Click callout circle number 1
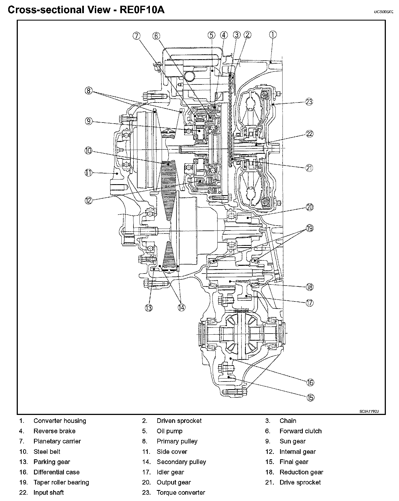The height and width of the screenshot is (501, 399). (273, 35)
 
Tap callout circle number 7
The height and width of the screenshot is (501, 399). (136, 36)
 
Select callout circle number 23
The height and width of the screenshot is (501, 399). (309, 102)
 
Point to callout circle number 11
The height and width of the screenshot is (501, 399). (88, 173)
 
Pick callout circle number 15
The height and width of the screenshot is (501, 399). (310, 397)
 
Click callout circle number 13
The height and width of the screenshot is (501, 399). (149, 308)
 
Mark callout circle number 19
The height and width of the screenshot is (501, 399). (310, 228)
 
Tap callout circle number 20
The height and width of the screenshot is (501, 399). (309, 207)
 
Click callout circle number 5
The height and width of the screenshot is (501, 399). (211, 35)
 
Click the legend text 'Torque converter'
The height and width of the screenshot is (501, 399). (181, 493)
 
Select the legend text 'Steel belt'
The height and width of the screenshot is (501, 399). (47, 451)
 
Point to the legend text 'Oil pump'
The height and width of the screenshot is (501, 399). (170, 431)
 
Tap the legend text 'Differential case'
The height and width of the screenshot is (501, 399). (56, 472)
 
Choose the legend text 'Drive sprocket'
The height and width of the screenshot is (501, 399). (300, 482)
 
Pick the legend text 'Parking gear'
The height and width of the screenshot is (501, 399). (52, 462)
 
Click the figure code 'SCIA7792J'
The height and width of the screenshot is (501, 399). (369, 411)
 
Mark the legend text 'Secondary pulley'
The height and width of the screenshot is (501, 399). (181, 462)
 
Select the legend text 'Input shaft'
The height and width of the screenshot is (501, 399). (49, 493)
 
